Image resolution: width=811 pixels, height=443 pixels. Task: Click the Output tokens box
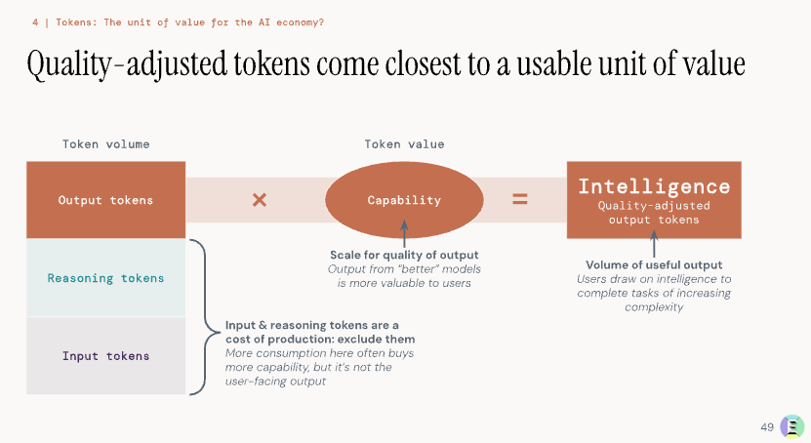click(x=106, y=200)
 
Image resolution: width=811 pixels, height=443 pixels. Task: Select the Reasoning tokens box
click(x=106, y=277)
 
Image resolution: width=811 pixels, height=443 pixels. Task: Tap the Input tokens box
click(x=106, y=355)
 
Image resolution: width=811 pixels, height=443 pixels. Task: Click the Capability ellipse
click(x=404, y=200)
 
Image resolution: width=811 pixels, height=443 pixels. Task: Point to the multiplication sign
click(x=260, y=199)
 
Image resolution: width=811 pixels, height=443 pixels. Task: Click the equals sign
click(x=520, y=199)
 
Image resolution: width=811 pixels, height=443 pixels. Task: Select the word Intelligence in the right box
click(x=654, y=186)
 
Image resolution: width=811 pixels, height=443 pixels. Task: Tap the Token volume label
click(x=106, y=144)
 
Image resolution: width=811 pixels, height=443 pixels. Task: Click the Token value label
click(x=404, y=144)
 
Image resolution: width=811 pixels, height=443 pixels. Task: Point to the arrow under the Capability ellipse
click(x=404, y=233)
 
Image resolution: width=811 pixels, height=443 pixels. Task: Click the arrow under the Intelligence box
click(x=654, y=244)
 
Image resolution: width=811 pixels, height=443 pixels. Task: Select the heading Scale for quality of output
click(x=404, y=255)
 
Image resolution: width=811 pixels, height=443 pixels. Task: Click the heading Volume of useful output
click(x=654, y=264)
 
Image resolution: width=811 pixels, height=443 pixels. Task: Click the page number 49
click(x=767, y=427)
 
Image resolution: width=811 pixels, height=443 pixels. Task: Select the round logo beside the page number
click(x=792, y=427)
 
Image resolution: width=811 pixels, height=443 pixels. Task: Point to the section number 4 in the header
click(x=35, y=22)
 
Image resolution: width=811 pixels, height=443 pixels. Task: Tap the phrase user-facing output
click(x=275, y=382)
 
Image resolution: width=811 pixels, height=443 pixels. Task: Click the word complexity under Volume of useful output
click(x=654, y=307)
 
